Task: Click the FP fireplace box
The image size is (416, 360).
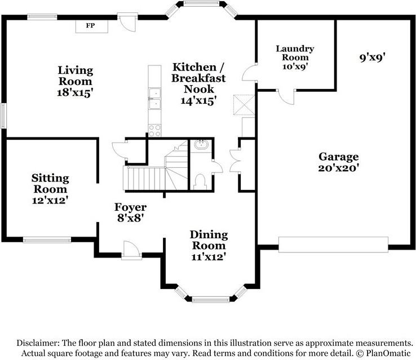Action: pyautogui.click(x=92, y=26)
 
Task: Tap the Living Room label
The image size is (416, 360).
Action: pyautogui.click(x=76, y=75)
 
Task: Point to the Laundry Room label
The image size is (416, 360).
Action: pyautogui.click(x=295, y=53)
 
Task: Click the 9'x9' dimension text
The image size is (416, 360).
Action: pyautogui.click(x=372, y=57)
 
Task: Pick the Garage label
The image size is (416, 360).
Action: pyautogui.click(x=339, y=157)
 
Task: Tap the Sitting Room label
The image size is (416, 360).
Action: pyautogui.click(x=50, y=184)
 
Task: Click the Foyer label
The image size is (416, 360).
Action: pyautogui.click(x=131, y=207)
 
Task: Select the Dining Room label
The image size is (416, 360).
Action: pyautogui.click(x=209, y=240)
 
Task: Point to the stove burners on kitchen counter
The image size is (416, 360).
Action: pyautogui.click(x=154, y=131)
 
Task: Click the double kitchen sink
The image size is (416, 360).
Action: pyautogui.click(x=154, y=99)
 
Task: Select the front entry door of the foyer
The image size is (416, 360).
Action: pyautogui.click(x=131, y=250)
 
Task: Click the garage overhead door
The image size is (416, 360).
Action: pyautogui.click(x=333, y=245)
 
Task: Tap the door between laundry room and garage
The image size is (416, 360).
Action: pyautogui.click(x=286, y=97)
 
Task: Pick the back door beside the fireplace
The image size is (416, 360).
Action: pyautogui.click(x=127, y=23)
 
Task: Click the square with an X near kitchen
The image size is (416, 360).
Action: pyautogui.click(x=244, y=105)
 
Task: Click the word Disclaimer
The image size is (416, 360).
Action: pyautogui.click(x=38, y=343)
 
